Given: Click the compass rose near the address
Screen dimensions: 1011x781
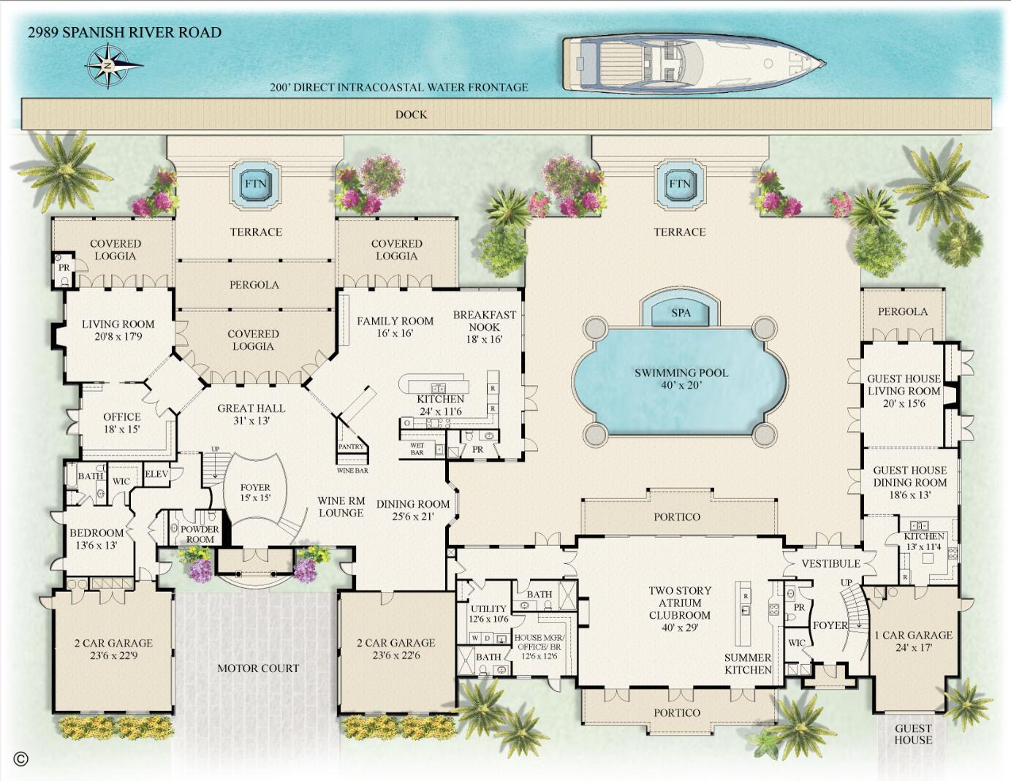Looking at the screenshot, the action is coord(108,66).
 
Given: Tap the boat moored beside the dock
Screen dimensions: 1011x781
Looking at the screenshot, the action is coord(694,64).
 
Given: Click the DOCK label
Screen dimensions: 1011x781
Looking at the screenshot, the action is coord(412,115).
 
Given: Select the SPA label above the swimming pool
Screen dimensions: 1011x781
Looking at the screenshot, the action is coord(681,313).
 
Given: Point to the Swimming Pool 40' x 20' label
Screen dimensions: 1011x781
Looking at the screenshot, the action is coord(681,379).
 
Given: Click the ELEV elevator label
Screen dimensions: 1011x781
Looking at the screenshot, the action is coord(156,474).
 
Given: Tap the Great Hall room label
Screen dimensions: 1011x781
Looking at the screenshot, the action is coord(251,414).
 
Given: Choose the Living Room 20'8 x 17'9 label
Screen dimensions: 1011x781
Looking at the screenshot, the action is coord(118,330).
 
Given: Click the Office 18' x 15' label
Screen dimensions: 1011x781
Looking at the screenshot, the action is coord(122,422).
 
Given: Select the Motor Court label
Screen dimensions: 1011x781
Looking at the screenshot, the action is coord(258,668).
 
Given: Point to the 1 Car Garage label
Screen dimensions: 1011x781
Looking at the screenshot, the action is coord(914,641).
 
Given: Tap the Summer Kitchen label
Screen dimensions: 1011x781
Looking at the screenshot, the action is coord(748,664).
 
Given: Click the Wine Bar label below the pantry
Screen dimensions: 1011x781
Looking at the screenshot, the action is coord(352,470).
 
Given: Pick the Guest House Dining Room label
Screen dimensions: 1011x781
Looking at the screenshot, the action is coord(910,482).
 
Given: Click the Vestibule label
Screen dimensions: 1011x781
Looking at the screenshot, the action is coord(831,563).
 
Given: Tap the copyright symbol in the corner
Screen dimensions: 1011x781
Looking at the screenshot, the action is coord(21,758).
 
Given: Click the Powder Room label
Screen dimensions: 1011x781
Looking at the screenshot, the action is coord(200,534).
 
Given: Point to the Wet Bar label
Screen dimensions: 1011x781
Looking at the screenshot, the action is coord(417,449).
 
